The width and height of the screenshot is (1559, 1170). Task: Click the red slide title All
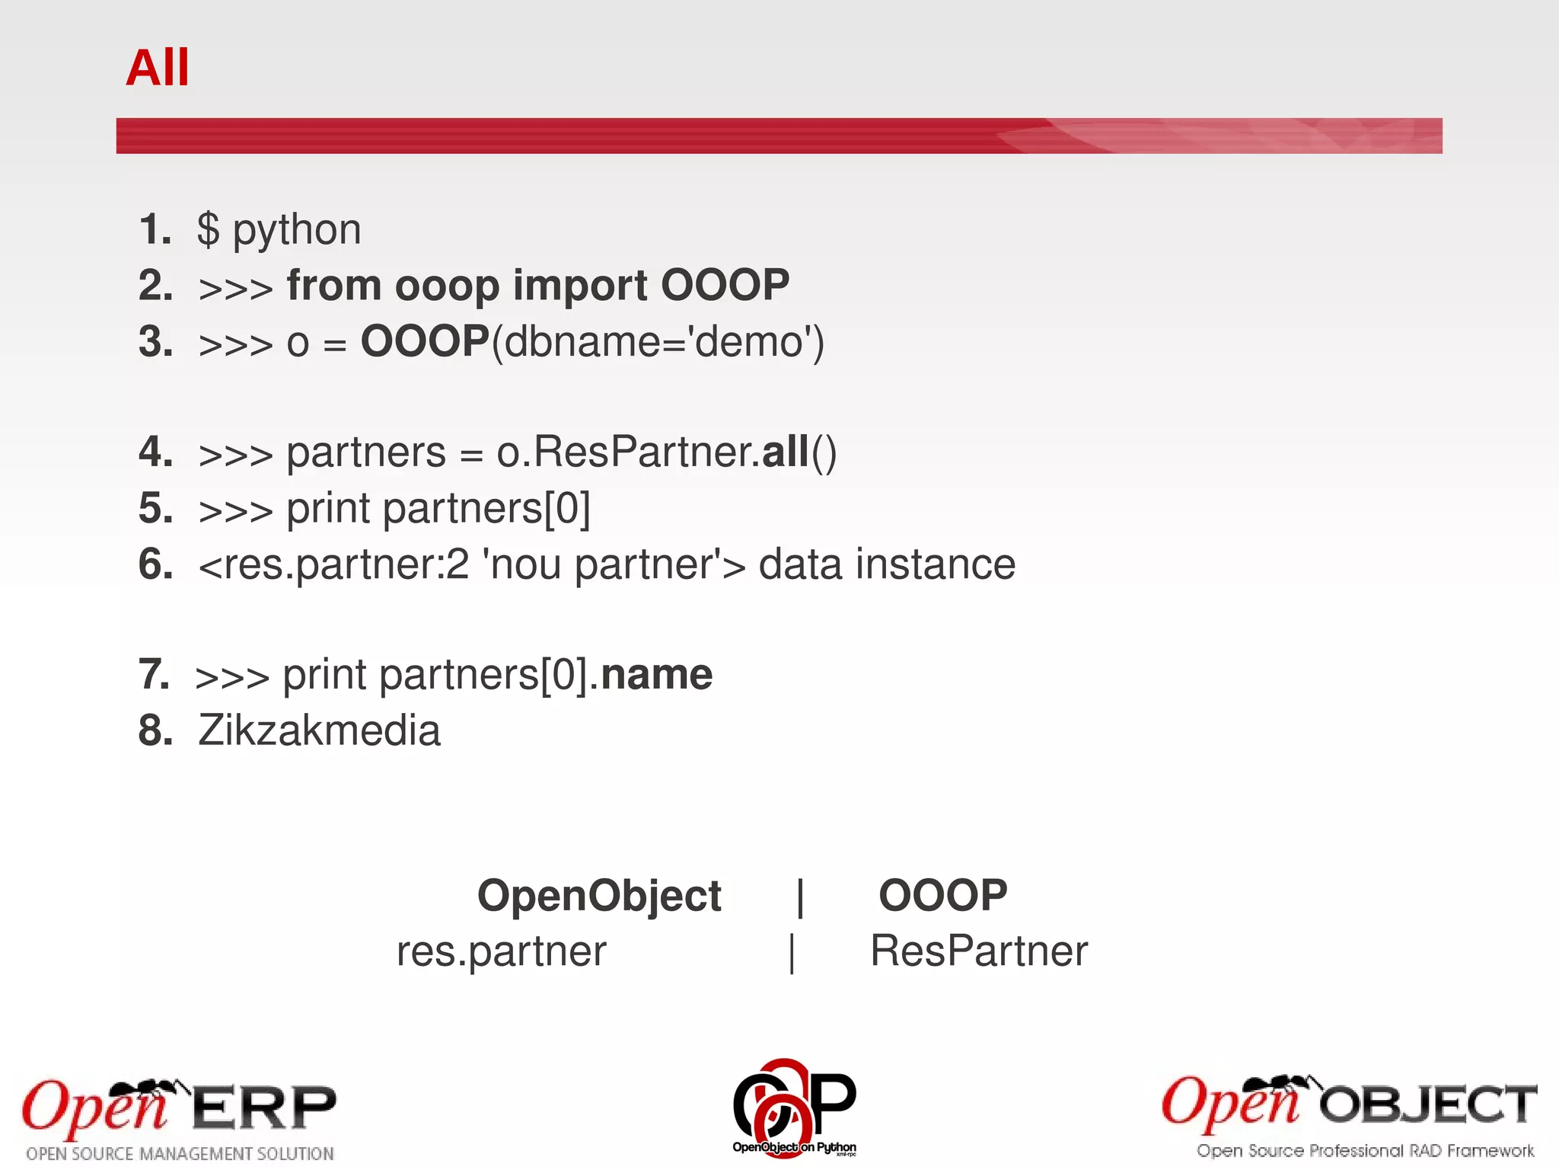coord(157,68)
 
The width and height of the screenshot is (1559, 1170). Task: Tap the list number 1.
coord(155,229)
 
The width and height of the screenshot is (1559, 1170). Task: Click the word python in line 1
coord(297,230)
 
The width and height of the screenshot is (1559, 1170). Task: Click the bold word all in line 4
coord(785,452)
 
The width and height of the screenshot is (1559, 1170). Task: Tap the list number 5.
coord(155,508)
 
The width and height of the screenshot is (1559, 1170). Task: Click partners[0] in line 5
coord(486,508)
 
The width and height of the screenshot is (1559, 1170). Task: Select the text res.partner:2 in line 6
coord(346,565)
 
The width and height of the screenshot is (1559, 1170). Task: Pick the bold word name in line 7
coord(656,675)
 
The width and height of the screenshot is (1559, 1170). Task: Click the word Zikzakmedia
coord(319,730)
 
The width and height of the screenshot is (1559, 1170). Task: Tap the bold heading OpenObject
coord(599,895)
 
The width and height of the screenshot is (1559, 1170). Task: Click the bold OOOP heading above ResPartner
coord(942,895)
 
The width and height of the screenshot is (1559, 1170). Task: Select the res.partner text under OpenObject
coord(501,951)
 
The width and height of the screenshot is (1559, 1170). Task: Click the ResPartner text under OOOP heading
coord(979,951)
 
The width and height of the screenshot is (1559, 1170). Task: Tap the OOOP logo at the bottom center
coord(794,1107)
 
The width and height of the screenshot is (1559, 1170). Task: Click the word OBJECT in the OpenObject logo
coord(1428,1104)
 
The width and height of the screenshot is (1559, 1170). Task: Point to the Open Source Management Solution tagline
coord(180,1153)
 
